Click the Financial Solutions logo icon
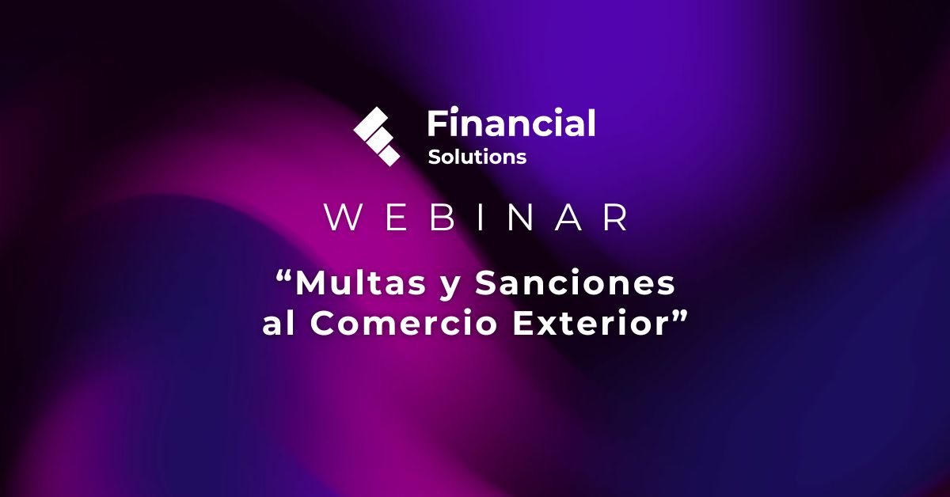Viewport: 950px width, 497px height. (x=377, y=137)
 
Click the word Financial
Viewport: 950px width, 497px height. (x=511, y=123)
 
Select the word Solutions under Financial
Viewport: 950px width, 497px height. (x=477, y=157)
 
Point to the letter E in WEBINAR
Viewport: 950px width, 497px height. (x=396, y=217)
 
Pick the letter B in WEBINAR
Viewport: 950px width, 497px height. (x=443, y=217)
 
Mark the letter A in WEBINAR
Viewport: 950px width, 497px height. (x=568, y=217)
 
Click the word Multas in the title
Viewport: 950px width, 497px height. (x=360, y=283)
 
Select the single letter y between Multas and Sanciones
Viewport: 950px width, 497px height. (x=450, y=287)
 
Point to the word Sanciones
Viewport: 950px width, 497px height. (x=575, y=283)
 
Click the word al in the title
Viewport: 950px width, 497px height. (x=278, y=323)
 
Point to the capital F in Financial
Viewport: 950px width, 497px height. (x=437, y=123)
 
